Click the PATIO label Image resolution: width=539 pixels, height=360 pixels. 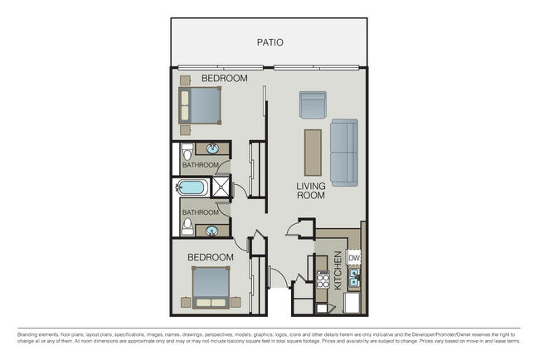click(270, 40)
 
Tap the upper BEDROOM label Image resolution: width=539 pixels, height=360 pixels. click(225, 79)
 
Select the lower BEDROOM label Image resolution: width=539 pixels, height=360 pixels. click(210, 257)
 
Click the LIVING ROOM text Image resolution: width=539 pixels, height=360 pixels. click(311, 192)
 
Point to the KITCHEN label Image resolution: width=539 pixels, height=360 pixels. click(337, 270)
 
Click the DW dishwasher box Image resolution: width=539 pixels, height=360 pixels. click(354, 258)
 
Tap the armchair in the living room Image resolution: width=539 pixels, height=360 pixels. click(312, 105)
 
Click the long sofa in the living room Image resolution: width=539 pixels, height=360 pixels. click(344, 153)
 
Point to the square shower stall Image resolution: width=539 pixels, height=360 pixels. click(221, 188)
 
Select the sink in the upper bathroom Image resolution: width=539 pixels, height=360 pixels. click(214, 150)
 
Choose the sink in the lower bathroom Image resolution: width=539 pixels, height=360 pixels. click(214, 231)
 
